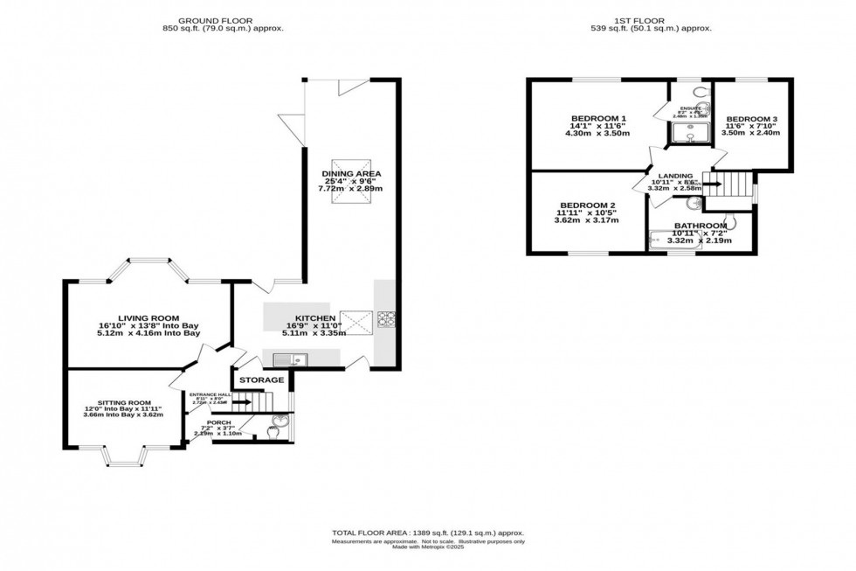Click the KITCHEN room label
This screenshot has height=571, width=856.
[x=312, y=317]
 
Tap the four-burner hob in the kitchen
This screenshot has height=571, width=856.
[x=385, y=319]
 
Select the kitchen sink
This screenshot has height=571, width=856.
[x=287, y=359]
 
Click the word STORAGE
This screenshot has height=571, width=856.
[x=262, y=380]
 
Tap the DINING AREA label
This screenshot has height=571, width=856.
[x=349, y=173]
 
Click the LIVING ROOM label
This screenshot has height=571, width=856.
[x=149, y=317]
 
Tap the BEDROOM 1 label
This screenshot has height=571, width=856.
[x=598, y=118]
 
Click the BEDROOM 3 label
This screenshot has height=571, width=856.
[x=751, y=119]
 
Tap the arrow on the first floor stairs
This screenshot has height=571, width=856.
[x=713, y=184]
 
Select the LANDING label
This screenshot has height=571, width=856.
[x=675, y=175]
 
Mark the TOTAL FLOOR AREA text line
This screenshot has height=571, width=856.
[x=427, y=533]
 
